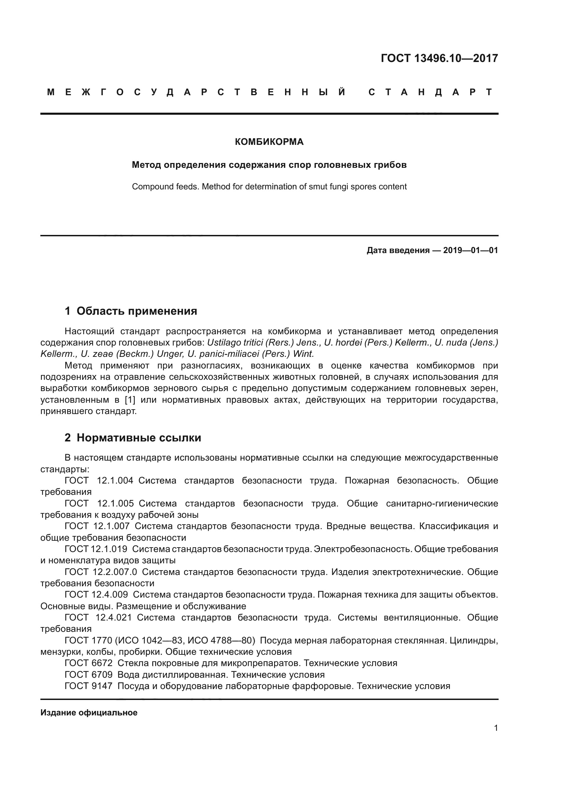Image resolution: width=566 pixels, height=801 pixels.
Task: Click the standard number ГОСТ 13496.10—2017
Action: (439, 58)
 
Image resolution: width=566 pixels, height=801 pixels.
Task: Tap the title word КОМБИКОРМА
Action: (269, 142)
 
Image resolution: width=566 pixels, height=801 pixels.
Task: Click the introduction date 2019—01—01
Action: (471, 250)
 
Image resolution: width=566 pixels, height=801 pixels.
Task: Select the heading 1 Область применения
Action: (131, 311)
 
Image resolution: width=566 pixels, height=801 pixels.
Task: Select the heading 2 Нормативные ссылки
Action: (133, 437)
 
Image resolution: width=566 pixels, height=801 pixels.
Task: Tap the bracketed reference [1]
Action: (130, 400)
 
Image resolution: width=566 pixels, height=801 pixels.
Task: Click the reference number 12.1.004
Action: (115, 480)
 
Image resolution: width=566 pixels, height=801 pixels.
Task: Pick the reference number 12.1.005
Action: (115, 503)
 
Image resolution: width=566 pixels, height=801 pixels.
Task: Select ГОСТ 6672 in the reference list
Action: (89, 663)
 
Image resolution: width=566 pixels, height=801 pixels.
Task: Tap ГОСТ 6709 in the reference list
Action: (89, 674)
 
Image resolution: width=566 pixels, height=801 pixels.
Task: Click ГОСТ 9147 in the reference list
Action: (89, 686)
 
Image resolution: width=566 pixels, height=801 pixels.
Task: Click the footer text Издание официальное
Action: (89, 713)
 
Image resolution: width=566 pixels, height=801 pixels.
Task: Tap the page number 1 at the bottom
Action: (496, 728)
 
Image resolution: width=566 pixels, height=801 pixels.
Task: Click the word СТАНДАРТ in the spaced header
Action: (430, 92)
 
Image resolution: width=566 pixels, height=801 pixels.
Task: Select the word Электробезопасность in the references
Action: (362, 549)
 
